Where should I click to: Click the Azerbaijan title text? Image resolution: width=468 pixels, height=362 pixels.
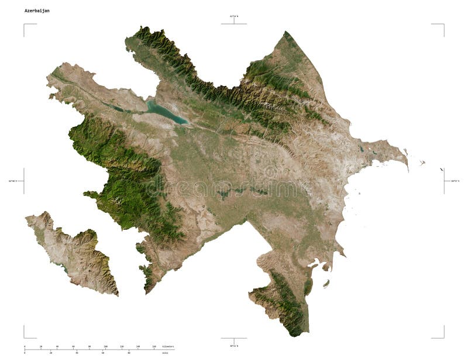pyautogui.click(x=37, y=11)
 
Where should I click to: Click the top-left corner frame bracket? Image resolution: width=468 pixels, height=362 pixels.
pyautogui.click(x=25, y=25)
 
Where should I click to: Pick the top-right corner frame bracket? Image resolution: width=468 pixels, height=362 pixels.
pyautogui.click(x=443, y=25)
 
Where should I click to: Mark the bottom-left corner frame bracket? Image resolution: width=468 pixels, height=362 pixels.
pyautogui.click(x=25, y=336)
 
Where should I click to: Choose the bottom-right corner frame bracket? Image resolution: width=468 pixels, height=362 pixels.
pyautogui.click(x=443, y=336)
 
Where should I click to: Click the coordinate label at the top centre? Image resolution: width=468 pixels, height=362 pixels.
pyautogui.click(x=234, y=16)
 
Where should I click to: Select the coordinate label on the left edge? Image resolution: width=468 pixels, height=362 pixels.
pyautogui.click(x=13, y=181)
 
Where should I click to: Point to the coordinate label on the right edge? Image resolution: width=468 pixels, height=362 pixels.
pyautogui.click(x=455, y=181)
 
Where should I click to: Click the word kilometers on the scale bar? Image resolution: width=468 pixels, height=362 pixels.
pyautogui.click(x=168, y=347)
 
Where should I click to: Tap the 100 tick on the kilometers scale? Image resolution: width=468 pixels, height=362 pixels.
pyautogui.click(x=105, y=347)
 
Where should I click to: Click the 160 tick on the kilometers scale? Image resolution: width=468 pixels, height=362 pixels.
pyautogui.click(x=154, y=347)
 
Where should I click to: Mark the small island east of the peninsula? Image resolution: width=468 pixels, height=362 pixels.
pyautogui.click(x=422, y=163)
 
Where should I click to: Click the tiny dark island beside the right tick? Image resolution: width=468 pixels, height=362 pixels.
pyautogui.click(x=442, y=170)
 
